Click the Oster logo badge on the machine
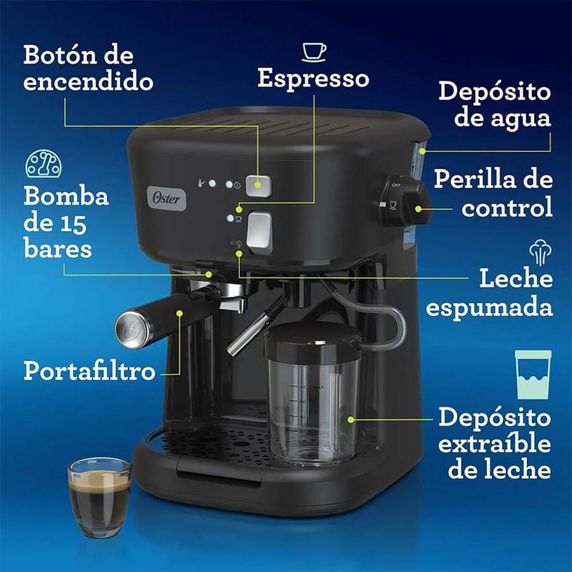pyautogui.click(x=167, y=198)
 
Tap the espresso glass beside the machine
pyautogui.click(x=99, y=497)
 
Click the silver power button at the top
pyautogui.click(x=258, y=185)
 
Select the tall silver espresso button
pyautogui.click(x=260, y=232)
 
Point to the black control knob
pyautogui.click(x=404, y=201)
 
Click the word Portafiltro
pyautogui.click(x=90, y=370)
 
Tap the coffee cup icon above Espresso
pyautogui.click(x=314, y=52)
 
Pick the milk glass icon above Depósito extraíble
pyautogui.click(x=533, y=375)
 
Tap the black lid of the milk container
pyautogui.click(x=313, y=340)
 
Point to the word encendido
pyautogui.click(x=88, y=81)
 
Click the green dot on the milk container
pyautogui.click(x=351, y=420)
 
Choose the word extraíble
pyautogui.click(x=494, y=443)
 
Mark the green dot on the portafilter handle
pyautogui.click(x=179, y=313)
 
